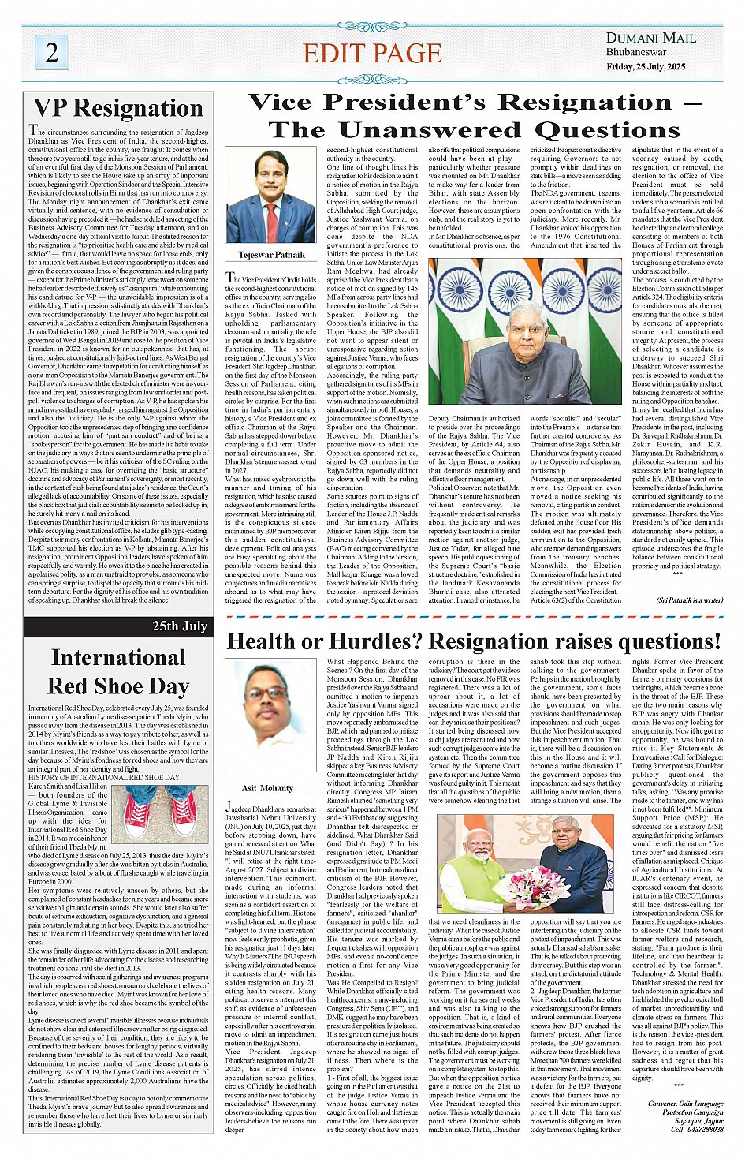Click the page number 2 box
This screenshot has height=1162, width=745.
coord(52,52)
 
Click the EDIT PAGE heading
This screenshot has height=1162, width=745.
coord(372,53)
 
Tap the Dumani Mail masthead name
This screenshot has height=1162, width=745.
coord(650,38)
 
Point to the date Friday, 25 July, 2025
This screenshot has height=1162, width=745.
coord(646,67)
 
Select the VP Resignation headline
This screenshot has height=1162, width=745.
coord(118,108)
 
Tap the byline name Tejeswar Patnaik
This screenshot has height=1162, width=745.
coord(271,255)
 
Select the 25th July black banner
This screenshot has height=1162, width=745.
coord(118,626)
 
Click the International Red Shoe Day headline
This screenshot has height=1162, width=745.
coord(118,672)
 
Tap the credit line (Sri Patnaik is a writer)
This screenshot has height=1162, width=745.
coord(689,600)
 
